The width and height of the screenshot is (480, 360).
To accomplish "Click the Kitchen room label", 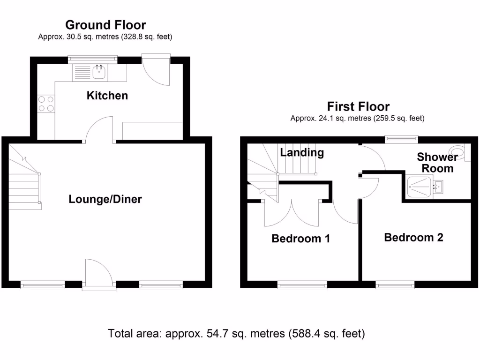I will pos(107,96).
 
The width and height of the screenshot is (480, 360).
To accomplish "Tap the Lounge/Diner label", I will pos(105,199).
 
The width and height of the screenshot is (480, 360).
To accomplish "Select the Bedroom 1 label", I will pos(300,239).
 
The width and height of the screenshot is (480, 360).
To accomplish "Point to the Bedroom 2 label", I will pos(413,238).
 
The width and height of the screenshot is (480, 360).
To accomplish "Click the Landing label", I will pos(302,152).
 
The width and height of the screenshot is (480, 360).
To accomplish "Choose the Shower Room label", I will pos(437,163).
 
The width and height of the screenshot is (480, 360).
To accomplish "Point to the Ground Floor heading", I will pos(105,25).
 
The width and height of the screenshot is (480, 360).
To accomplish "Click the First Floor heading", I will pos(358,106).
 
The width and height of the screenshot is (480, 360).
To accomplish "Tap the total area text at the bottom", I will pos(236,334).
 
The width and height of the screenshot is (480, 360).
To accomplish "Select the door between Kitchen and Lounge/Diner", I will pos(99,130).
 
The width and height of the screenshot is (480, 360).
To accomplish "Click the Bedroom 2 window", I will pos(395,284).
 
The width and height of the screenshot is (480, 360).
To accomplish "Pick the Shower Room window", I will pos(401,139).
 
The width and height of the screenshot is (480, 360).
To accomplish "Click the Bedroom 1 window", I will pos(302,284).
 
